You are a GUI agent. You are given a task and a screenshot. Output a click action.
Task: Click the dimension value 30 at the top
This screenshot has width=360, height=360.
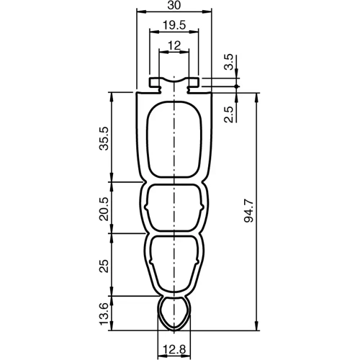click(174, 6)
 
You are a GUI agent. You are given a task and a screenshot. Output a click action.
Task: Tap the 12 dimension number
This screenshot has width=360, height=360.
click(174, 45)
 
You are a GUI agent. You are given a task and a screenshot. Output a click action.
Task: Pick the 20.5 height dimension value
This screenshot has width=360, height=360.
click(104, 207)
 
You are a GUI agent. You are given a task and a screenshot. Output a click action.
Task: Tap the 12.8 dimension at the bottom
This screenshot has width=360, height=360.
click(174, 350)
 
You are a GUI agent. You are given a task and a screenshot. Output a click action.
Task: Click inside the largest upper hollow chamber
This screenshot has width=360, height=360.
click(174, 140)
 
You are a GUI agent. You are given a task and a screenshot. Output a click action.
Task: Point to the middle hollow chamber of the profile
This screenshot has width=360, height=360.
click(174, 207)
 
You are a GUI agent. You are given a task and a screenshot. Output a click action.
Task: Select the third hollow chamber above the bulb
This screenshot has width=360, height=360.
click(174, 261)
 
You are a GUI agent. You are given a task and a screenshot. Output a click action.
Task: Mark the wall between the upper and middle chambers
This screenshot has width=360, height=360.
click(174, 181)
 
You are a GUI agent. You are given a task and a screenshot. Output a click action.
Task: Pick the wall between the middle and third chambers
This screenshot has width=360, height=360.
click(174, 233)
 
